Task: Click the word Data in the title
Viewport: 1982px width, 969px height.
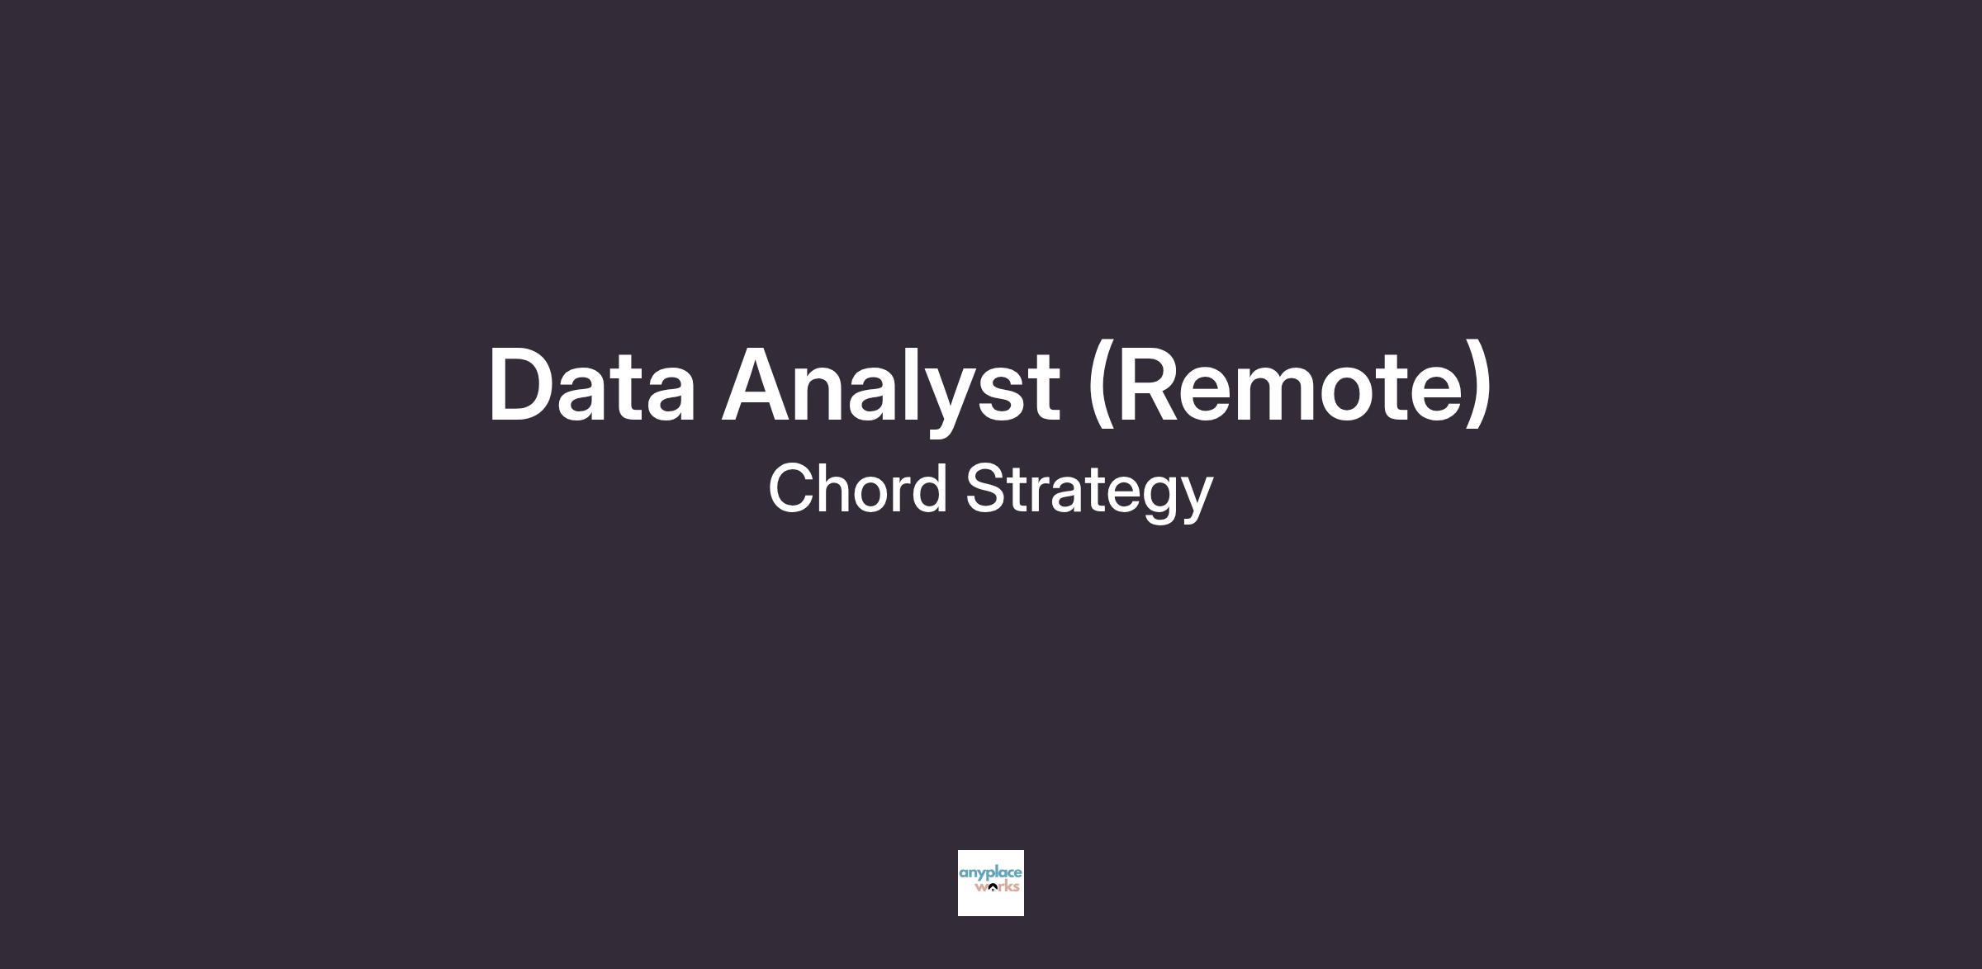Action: coord(592,384)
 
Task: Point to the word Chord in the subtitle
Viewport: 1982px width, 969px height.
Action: coord(857,487)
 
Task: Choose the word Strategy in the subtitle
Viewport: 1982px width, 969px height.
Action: coord(1089,492)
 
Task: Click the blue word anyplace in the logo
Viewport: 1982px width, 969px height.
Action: coord(990,874)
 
